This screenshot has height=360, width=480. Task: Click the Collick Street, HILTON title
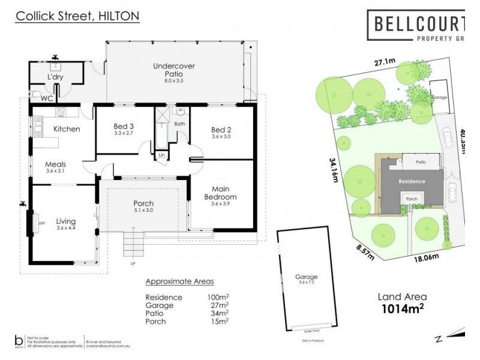tap(77, 17)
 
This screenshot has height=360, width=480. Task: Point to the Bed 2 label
tap(221, 130)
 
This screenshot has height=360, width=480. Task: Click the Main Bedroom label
tap(220, 193)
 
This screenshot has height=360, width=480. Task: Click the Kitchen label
tap(67, 129)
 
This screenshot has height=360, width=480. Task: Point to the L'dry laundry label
tap(55, 78)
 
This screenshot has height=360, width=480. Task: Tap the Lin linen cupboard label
tap(161, 155)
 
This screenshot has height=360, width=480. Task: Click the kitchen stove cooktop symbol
tap(60, 112)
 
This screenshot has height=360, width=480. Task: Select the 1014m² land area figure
tap(402, 309)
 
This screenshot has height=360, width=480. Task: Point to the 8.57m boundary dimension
tap(363, 253)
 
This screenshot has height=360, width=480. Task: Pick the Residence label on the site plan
tap(412, 181)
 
